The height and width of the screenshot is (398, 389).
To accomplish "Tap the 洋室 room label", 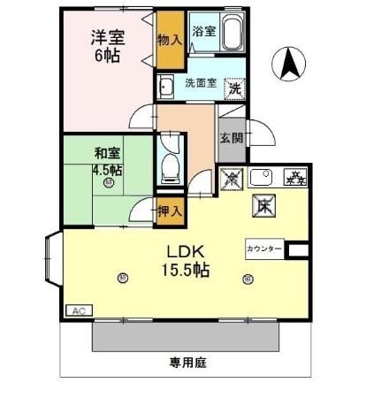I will (x=107, y=37).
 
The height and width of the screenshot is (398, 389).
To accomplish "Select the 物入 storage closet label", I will (x=170, y=40).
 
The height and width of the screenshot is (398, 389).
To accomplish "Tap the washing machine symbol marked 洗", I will (x=235, y=87).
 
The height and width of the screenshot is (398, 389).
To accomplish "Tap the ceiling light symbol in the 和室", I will (x=109, y=184).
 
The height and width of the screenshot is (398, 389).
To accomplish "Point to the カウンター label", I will (x=264, y=249).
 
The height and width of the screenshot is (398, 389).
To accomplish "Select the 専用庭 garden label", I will (x=188, y=361).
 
